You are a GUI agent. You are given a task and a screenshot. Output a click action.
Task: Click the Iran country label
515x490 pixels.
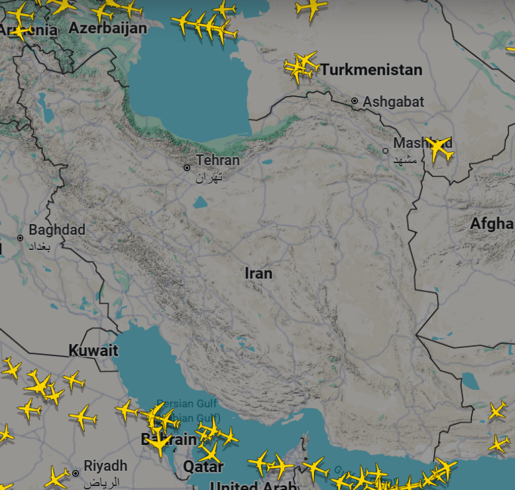(x=258, y=273)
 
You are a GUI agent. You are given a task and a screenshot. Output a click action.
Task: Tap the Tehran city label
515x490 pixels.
(x=217, y=160)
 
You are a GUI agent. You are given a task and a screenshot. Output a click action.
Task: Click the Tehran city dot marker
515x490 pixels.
(x=188, y=168)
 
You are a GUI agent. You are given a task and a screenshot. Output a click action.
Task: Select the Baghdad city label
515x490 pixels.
(x=57, y=230)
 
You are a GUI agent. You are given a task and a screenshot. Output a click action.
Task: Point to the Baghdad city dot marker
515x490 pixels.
(x=20, y=237)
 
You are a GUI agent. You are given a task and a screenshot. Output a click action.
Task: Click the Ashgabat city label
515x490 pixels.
(x=394, y=102)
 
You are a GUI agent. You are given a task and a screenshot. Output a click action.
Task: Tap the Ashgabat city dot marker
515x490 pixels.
(x=355, y=101)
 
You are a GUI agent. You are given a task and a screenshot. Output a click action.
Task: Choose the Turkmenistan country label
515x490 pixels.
(x=371, y=70)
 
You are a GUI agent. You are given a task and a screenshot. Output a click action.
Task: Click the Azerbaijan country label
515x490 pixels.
(x=107, y=28)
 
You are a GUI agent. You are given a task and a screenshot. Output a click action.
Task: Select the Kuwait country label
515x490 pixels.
(x=93, y=350)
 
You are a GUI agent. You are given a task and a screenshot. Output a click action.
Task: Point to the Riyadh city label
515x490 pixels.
(x=105, y=465)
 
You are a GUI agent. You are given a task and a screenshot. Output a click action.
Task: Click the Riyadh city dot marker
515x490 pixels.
(x=76, y=473)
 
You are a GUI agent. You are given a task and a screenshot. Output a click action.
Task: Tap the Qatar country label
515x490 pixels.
(x=203, y=467)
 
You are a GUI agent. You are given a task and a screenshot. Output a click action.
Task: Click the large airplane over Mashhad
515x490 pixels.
(x=439, y=149)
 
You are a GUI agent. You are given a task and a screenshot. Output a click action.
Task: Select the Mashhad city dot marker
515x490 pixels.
(x=386, y=151)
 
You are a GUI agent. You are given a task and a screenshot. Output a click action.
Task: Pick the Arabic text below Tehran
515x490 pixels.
(x=209, y=178)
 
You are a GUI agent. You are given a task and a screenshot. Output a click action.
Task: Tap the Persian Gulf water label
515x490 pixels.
(x=176, y=404)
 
